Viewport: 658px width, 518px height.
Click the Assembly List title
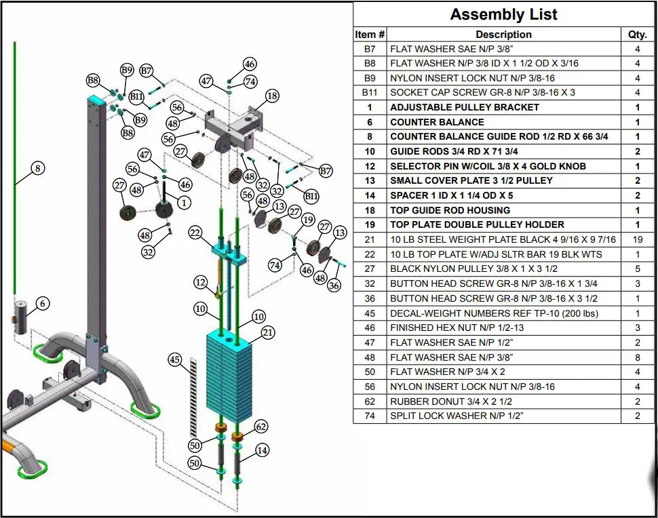coord(505,14)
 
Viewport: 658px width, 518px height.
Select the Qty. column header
coord(637,35)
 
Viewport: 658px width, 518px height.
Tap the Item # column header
coord(370,35)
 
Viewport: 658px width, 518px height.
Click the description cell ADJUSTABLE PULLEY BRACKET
coord(465,107)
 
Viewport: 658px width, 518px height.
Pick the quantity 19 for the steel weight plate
coord(637,239)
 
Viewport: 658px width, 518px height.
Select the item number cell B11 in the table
coord(370,92)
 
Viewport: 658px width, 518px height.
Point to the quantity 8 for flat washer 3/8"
coord(637,357)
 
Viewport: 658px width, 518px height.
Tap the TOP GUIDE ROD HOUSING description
coord(450,210)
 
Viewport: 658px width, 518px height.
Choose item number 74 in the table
coord(370,416)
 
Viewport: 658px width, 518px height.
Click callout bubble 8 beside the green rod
coord(37,167)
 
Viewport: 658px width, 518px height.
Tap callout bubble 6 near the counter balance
coord(43,304)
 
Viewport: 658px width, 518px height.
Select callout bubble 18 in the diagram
coord(272,96)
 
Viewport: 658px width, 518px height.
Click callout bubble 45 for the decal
coord(176,360)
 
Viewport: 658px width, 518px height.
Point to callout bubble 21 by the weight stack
coord(268,332)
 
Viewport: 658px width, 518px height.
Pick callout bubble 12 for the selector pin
coord(200,281)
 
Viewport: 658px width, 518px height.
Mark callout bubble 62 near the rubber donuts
coord(261,426)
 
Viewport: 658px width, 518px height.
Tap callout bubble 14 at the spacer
coord(263,450)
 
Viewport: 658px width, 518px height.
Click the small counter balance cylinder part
coord(20,317)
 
